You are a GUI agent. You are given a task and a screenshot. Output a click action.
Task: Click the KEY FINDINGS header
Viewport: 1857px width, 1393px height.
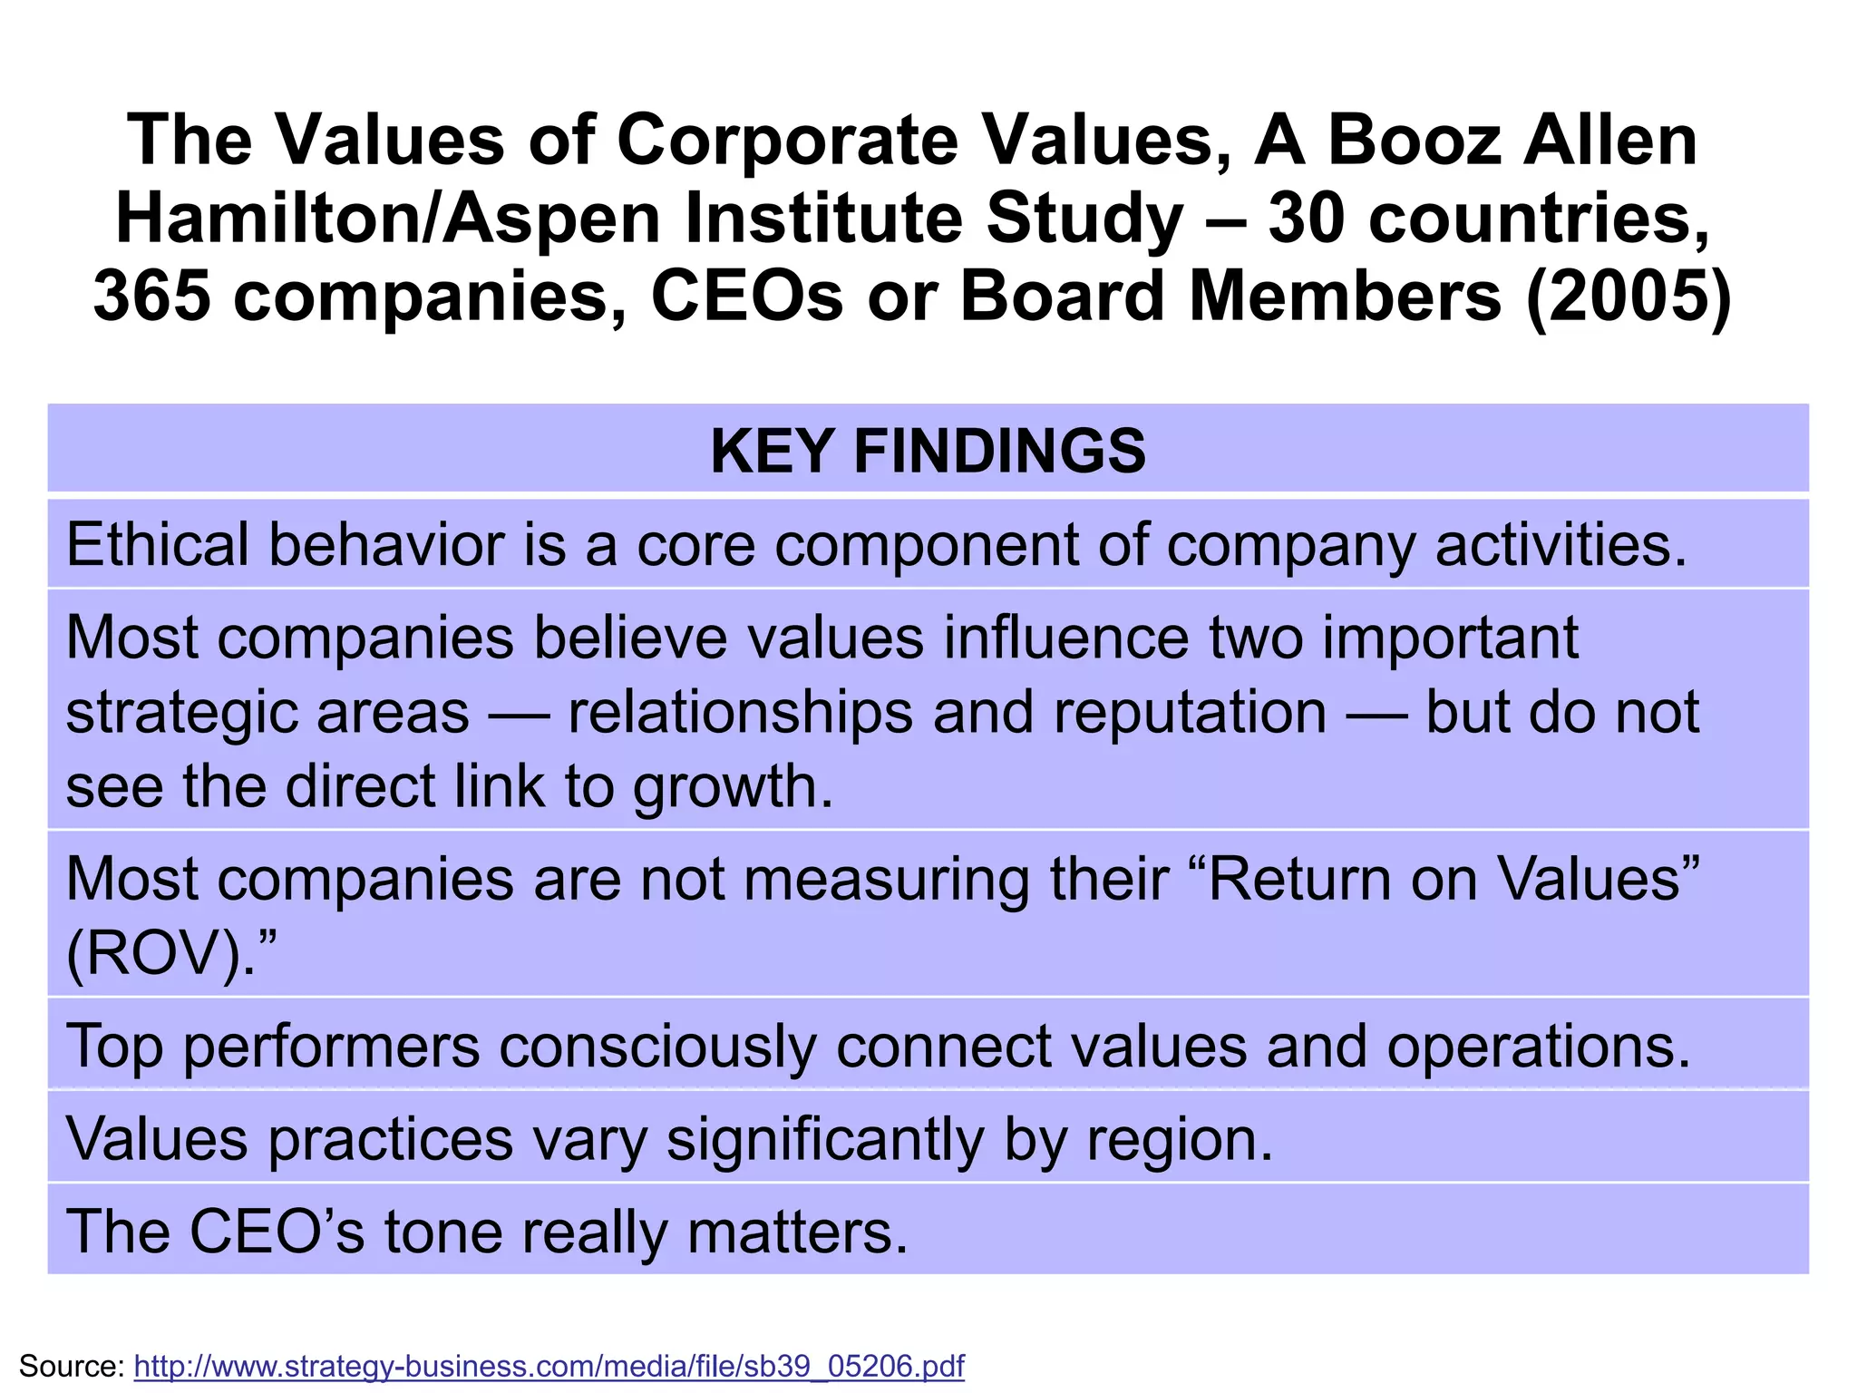(928, 451)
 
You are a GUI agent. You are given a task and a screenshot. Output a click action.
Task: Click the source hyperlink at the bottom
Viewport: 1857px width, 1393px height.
(549, 1365)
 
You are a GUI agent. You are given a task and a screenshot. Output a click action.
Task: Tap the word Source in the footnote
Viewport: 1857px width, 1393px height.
(71, 1365)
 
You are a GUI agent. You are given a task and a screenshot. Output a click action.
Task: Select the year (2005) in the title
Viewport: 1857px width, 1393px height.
(1629, 297)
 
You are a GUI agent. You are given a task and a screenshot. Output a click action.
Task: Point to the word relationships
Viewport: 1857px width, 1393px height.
(740, 712)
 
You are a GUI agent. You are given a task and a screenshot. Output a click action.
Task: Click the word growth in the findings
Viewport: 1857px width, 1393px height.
(732, 786)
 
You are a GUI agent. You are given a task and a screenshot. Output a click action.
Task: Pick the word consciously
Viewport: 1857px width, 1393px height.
(657, 1047)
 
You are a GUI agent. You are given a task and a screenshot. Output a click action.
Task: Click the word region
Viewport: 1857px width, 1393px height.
(1179, 1140)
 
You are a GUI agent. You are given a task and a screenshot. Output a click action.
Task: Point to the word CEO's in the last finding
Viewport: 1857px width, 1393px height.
(277, 1232)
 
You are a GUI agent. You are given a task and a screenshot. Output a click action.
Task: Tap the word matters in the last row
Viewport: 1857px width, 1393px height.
(797, 1232)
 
